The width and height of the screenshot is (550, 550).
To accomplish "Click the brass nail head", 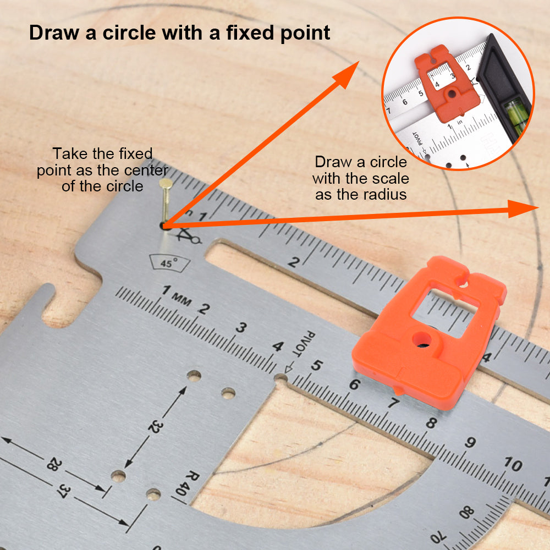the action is point(166,183).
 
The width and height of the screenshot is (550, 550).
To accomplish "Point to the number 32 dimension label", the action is point(155,427).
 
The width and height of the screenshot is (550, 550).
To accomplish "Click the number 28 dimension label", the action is point(54,464).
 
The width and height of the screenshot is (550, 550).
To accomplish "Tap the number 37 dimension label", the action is point(63,490).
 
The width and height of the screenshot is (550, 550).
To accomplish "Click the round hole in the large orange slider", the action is point(422,339).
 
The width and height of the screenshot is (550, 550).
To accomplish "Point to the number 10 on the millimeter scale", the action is point(514,464).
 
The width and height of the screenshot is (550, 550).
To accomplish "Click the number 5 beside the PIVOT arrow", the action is point(316,366).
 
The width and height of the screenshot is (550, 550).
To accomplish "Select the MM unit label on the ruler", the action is point(182,299).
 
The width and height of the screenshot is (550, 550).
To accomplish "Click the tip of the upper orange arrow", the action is point(359,62).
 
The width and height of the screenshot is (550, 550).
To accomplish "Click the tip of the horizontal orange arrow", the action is point(538,208).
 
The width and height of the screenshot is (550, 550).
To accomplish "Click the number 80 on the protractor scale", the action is point(467,513).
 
